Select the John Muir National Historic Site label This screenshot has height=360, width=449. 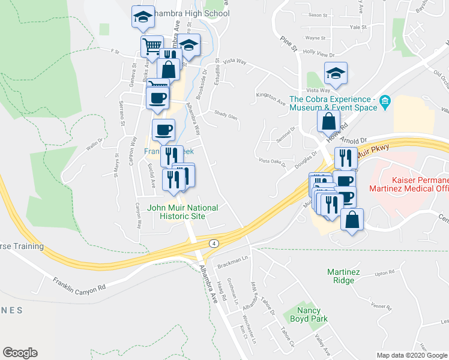[x=182, y=212]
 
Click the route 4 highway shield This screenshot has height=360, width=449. [x=213, y=243]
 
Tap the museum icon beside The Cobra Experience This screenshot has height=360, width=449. [x=385, y=103]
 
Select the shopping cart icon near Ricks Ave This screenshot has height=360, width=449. [x=152, y=46]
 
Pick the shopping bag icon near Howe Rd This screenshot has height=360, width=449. [x=328, y=121]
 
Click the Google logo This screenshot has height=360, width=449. [x=20, y=353]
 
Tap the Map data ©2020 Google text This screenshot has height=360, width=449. [x=411, y=355]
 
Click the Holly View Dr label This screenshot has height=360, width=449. [x=318, y=53]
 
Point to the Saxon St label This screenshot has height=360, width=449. [x=316, y=14]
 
